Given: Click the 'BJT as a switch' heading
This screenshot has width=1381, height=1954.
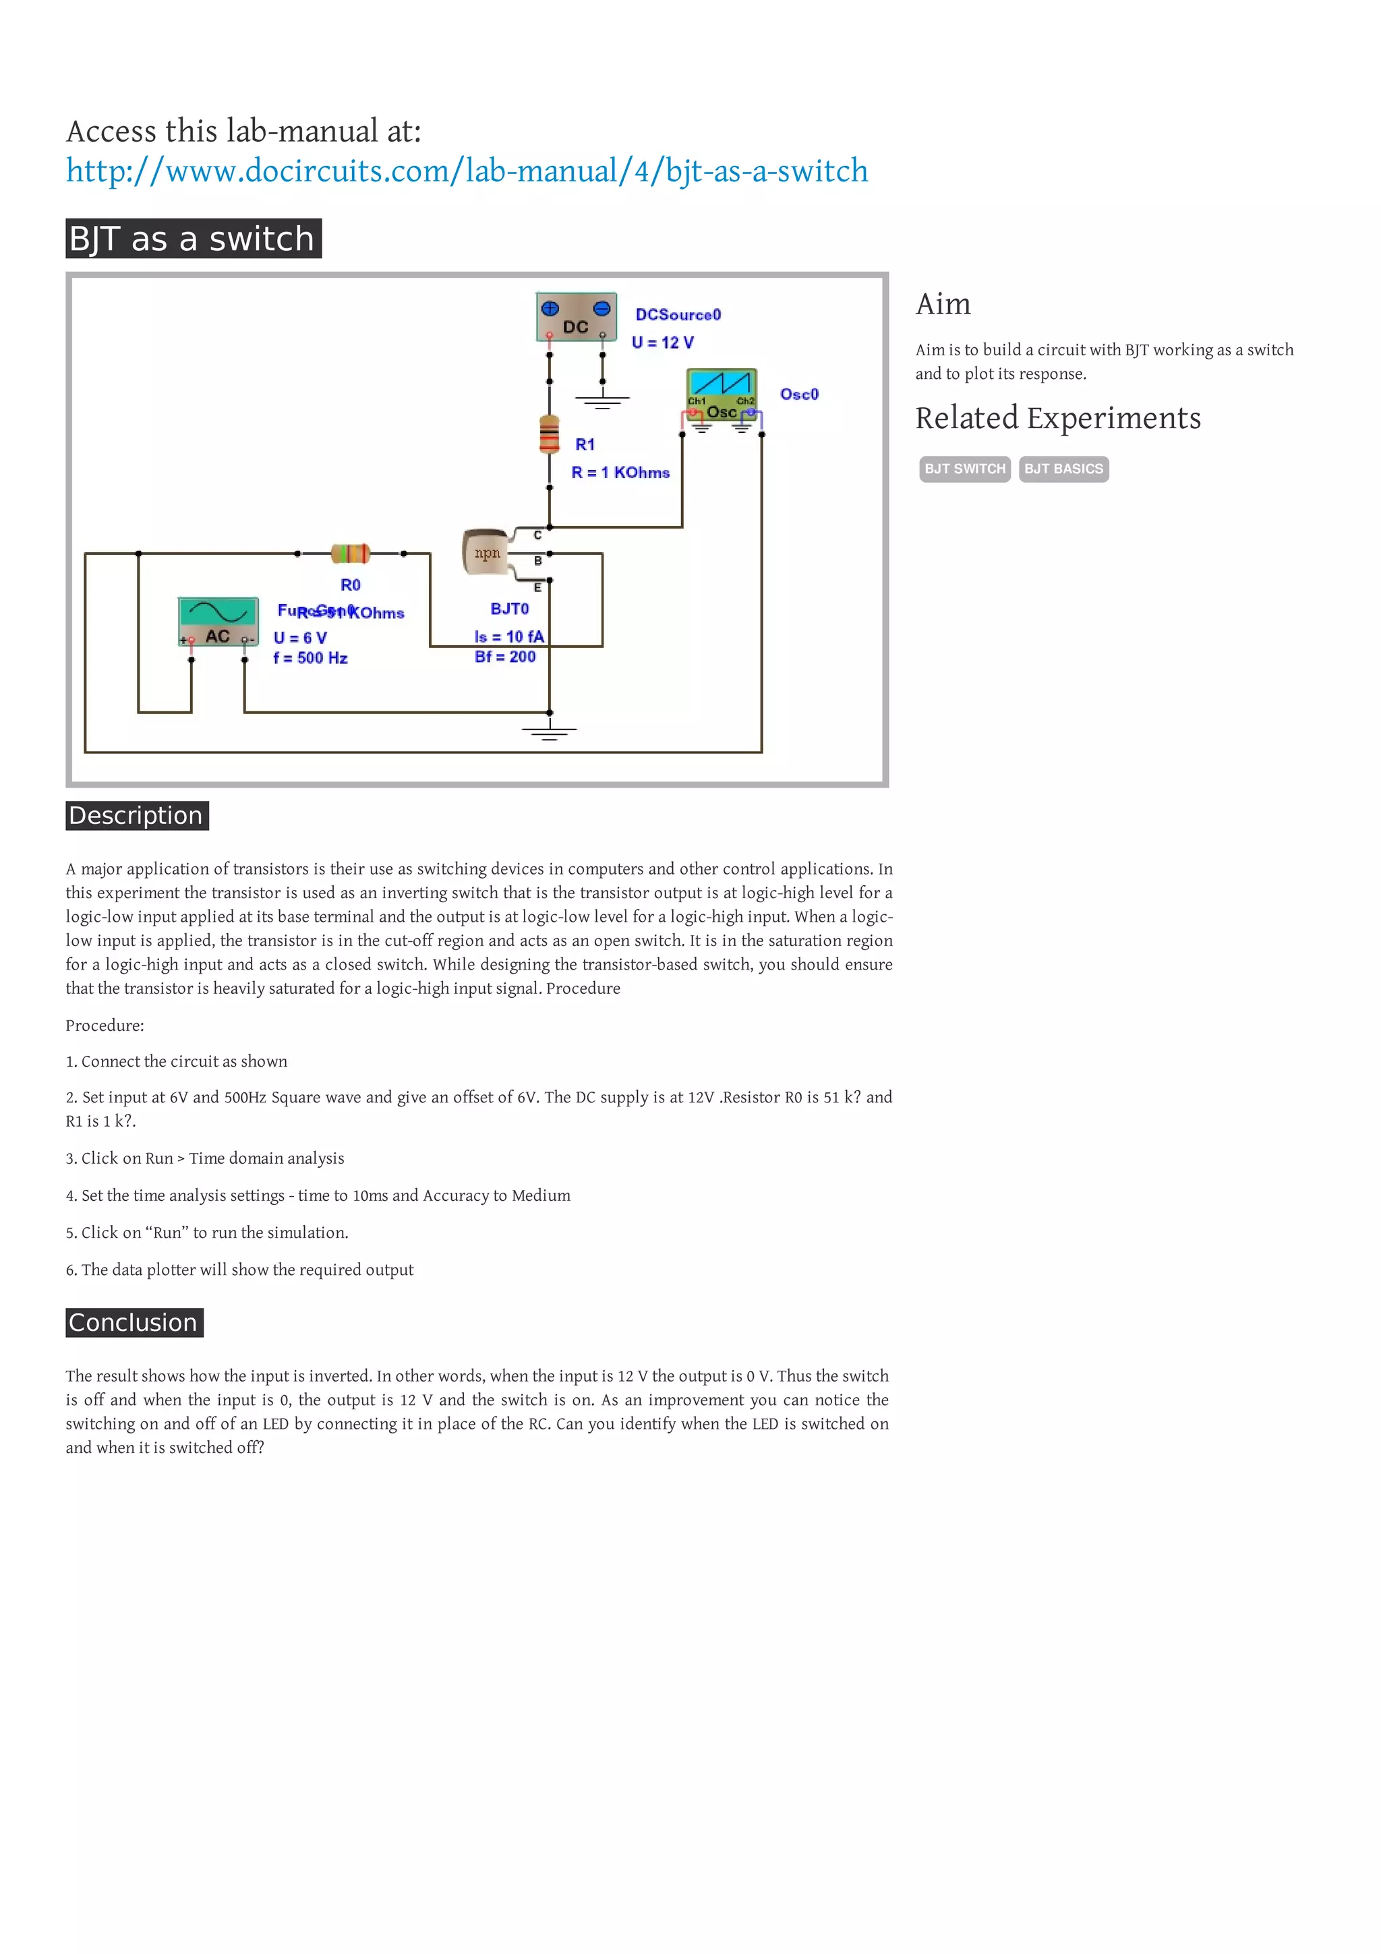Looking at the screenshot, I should (x=193, y=239).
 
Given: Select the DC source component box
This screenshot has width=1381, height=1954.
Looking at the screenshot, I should (x=576, y=318).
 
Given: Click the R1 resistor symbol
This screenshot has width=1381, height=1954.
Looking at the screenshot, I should (x=550, y=434).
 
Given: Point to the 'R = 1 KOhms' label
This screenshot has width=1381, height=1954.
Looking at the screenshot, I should (x=620, y=473).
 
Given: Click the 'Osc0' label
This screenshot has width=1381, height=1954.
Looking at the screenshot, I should (x=799, y=394).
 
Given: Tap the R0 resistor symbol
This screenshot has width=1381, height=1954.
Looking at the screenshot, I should (x=351, y=554).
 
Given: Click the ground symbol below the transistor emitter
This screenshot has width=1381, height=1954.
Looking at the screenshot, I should (x=550, y=730).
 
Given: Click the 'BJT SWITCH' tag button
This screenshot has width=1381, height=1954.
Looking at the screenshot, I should (x=964, y=469).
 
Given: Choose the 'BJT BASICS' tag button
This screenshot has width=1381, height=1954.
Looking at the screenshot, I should (x=1063, y=469).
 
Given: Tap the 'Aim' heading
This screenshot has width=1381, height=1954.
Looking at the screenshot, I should (x=943, y=304).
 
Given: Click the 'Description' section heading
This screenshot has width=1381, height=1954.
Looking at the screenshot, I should (x=136, y=815).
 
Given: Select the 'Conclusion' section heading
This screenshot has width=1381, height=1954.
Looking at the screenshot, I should (x=134, y=1322).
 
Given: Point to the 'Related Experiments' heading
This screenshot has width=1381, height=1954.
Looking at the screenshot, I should (x=1057, y=418).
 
